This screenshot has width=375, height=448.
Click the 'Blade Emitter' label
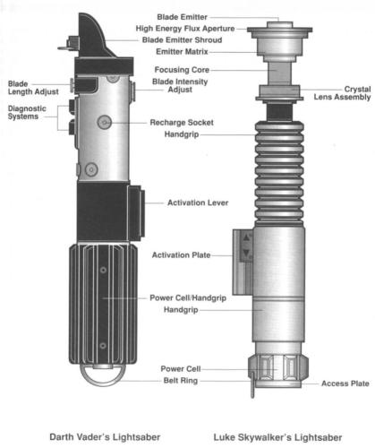[x=182, y=17]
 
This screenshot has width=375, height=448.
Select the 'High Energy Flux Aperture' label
[x=185, y=29]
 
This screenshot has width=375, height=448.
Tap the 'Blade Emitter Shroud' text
[x=182, y=40]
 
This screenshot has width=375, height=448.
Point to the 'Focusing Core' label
[x=182, y=70]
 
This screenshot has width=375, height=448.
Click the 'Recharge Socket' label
[x=182, y=123]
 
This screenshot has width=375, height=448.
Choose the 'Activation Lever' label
[x=198, y=202]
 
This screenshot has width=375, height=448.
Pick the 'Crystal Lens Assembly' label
[x=342, y=93]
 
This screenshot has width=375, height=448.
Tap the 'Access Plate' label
[x=345, y=383]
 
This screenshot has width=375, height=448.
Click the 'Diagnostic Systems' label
[x=27, y=113]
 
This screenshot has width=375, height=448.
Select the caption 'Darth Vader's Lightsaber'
[x=105, y=437]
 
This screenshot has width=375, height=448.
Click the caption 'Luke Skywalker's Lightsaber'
[x=277, y=437]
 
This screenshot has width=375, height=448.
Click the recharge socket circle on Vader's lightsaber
[x=105, y=122]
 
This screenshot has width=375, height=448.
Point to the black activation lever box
[x=136, y=213]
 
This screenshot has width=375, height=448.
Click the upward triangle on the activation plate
[x=246, y=238]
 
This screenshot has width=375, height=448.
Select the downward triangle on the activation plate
[x=246, y=253]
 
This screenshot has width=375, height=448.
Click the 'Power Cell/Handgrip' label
[x=188, y=298]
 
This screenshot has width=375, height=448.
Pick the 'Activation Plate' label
[x=182, y=255]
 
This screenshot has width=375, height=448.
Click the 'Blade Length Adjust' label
[x=33, y=88]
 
